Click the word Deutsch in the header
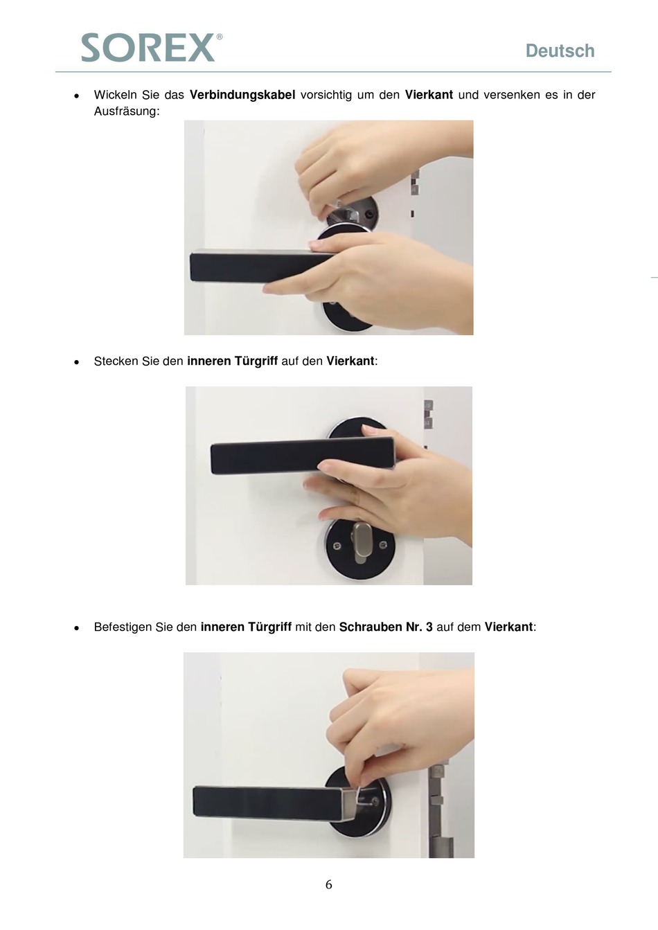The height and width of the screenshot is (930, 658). point(560,51)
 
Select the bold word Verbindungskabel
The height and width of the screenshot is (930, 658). point(242,95)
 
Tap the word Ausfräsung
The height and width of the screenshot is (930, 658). point(127,111)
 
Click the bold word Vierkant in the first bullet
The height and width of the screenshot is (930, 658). point(429,95)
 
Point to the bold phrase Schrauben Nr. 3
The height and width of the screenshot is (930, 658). point(386,627)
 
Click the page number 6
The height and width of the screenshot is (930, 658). point(329,884)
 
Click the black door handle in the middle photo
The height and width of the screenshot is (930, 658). point(302,456)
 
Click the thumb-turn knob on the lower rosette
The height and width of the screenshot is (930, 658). point(359,541)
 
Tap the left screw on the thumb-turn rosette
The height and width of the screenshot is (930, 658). point(337,546)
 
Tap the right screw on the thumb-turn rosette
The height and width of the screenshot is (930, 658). point(384,544)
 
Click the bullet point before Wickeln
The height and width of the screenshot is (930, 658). point(76,96)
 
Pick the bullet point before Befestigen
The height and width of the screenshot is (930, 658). point(76,628)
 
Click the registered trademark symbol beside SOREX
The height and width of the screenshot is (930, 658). point(219,37)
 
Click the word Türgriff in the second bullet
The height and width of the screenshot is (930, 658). point(256,361)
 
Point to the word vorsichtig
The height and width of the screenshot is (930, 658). point(326,95)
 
